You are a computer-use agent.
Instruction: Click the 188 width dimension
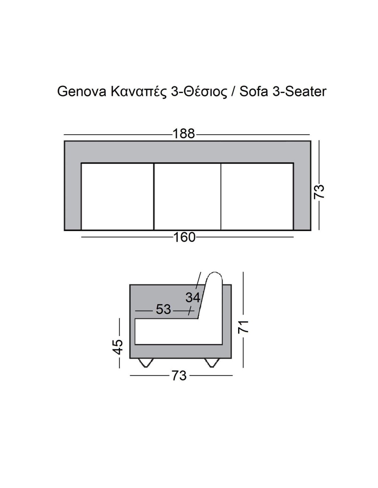click(184, 133)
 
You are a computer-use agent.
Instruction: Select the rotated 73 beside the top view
click(319, 191)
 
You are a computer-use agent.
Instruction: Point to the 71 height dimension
click(243, 326)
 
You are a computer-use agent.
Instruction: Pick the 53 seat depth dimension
click(164, 309)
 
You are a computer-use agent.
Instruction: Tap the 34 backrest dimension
click(193, 298)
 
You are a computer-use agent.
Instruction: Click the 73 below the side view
click(179, 376)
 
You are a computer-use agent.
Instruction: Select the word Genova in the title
click(82, 92)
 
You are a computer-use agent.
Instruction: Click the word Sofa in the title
click(254, 92)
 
